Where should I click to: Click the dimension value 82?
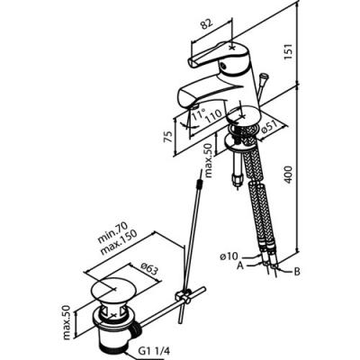[207, 24]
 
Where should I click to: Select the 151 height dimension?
[288, 52]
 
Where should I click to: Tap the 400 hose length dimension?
[288, 174]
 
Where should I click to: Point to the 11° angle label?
[199, 114]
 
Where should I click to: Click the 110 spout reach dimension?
[214, 116]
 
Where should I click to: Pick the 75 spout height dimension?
[168, 137]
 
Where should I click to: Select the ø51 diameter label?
[268, 128]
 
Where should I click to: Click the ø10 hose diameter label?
[229, 256]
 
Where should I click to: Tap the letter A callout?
[239, 265]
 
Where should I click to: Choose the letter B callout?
[297, 272]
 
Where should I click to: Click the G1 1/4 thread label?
[154, 350]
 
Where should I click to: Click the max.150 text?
[118, 242]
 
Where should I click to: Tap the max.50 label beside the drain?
[67, 322]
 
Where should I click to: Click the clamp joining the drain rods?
[184, 297]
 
